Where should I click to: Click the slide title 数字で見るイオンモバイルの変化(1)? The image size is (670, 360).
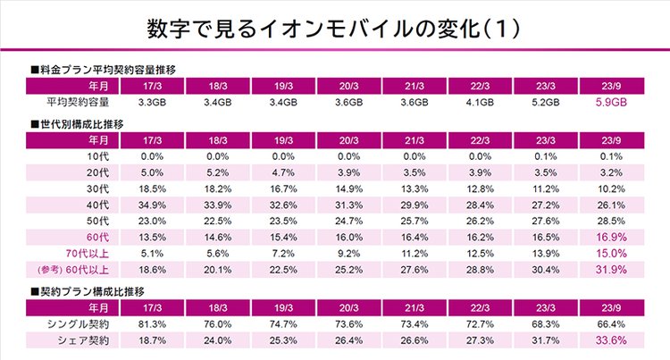pos(335,29)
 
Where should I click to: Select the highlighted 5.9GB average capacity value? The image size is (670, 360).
pos(611,103)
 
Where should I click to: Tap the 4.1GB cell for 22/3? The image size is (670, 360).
pos(480,103)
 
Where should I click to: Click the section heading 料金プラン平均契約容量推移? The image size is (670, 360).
pos(103,68)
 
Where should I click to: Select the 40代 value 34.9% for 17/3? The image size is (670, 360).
pos(152,205)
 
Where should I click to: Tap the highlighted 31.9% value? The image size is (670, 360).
pos(611,269)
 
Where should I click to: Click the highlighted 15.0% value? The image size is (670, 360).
pos(611,253)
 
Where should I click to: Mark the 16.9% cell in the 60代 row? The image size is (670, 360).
pos(611,237)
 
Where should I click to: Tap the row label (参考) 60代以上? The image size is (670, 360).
pos(72,269)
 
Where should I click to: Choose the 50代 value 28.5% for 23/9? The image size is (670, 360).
pos(611,221)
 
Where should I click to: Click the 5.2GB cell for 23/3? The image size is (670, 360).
pos(545,103)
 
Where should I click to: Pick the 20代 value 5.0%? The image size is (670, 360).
pos(152,172)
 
